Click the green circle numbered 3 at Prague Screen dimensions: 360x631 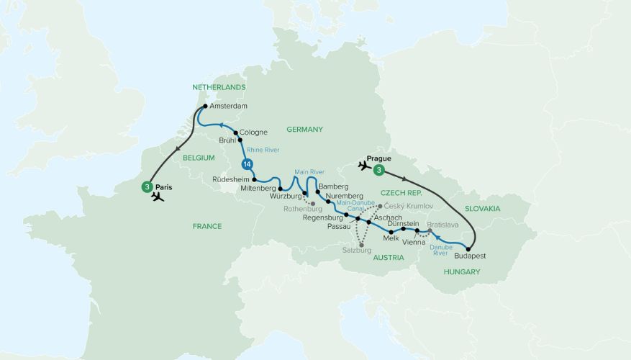pos(379,171)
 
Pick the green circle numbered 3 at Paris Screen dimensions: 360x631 pos(147,186)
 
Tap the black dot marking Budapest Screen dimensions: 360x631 pos(468,248)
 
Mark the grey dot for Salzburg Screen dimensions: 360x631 pos(361,245)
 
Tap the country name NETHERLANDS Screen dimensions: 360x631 pos(219,87)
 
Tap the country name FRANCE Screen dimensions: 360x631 pos(207,226)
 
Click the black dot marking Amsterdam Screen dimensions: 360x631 pos(204,107)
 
